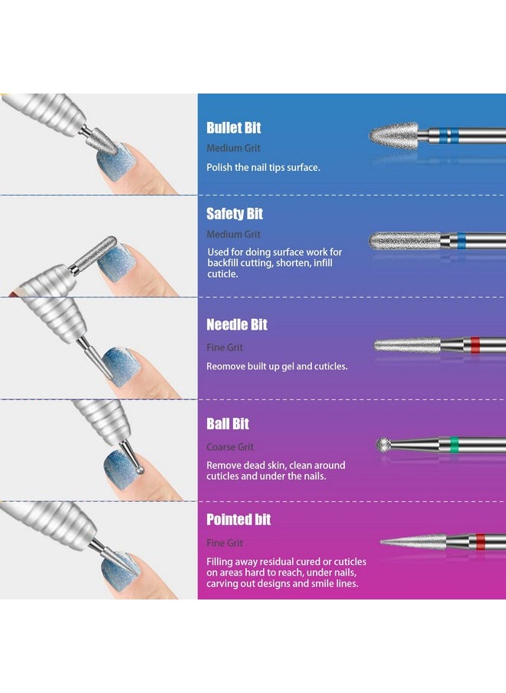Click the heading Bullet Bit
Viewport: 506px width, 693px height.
233,128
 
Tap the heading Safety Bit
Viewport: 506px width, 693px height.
235,214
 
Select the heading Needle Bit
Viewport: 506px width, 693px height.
237,325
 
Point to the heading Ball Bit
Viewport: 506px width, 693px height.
228,424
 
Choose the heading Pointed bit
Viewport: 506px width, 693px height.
238,520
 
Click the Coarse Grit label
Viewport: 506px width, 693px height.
230,447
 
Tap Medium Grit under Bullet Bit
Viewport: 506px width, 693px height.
233,148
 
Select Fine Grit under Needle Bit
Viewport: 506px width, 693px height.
225,347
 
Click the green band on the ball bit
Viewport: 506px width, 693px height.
453,445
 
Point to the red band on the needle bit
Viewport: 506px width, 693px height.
475,344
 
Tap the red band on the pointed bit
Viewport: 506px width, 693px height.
481,541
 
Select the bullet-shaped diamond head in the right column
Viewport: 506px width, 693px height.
393,135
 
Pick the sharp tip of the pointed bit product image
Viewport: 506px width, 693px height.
383,543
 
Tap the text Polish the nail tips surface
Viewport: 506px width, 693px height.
263,167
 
